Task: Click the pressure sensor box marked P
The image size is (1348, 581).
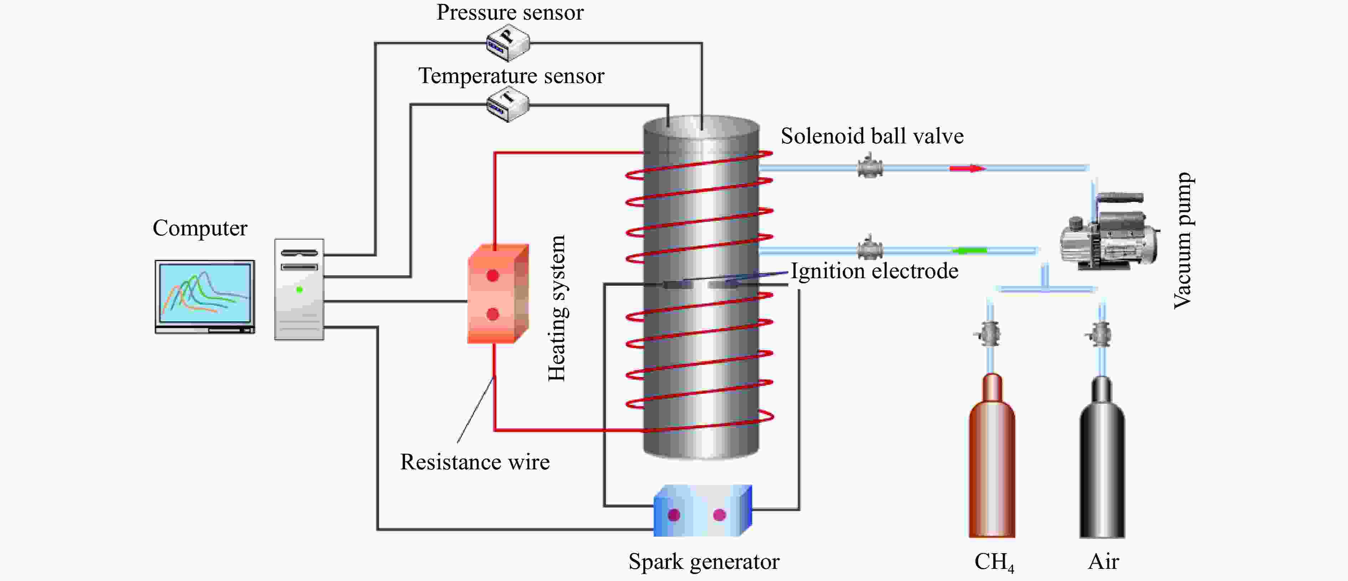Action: [x=507, y=43]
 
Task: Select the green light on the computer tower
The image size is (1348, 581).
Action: [x=299, y=290]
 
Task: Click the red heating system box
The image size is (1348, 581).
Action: [x=497, y=294]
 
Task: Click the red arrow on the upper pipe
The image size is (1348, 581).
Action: [x=967, y=168]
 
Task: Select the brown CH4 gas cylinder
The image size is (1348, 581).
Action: [x=992, y=460]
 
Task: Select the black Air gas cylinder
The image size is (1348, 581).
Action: [x=1102, y=460]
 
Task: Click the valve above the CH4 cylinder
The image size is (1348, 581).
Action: [x=989, y=334]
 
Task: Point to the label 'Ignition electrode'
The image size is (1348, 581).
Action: [x=874, y=271]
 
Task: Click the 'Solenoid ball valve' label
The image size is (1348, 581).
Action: [x=872, y=136]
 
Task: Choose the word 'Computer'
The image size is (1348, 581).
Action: [x=200, y=228]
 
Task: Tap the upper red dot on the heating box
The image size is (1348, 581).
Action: [x=492, y=275]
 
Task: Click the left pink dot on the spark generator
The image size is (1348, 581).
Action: [x=674, y=515]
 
